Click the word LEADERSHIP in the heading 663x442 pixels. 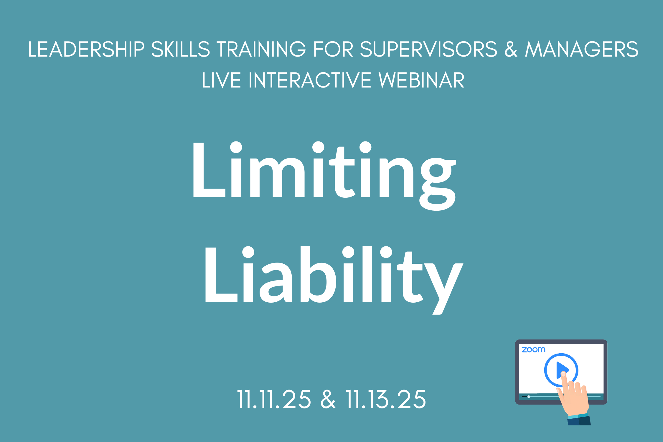(x=86, y=49)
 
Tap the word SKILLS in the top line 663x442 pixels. (x=181, y=49)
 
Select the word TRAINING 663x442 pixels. (x=261, y=49)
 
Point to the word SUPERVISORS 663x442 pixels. (x=429, y=49)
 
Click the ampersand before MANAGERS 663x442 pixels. (x=511, y=49)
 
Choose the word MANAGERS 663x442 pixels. (x=581, y=49)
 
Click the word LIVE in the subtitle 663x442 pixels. (x=221, y=80)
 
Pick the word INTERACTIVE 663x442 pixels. (x=310, y=80)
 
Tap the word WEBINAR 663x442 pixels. (x=421, y=80)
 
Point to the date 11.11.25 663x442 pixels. (x=274, y=400)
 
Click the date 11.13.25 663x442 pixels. (x=386, y=400)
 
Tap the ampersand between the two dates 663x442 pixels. (x=328, y=400)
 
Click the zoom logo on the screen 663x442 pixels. (x=533, y=350)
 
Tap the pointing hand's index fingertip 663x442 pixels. (x=563, y=374)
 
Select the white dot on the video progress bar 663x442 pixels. (x=529, y=397)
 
